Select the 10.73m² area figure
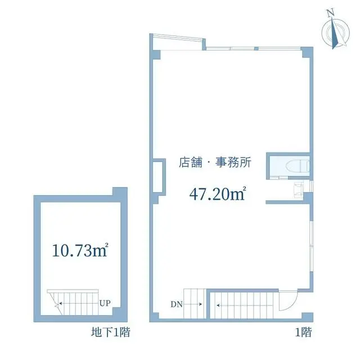pyautogui.click(x=80, y=250)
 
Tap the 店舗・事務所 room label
pyautogui.click(x=215, y=163)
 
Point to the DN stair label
pyautogui.click(x=177, y=304)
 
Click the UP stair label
pyautogui.click(x=105, y=303)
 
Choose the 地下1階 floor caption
pyautogui.click(x=111, y=332)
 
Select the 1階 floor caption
pyautogui.click(x=303, y=332)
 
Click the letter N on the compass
pyautogui.click(x=331, y=13)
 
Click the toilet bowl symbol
pyautogui.click(x=298, y=165)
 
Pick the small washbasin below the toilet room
pyautogui.click(x=298, y=190)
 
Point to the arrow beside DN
pyautogui.click(x=193, y=304)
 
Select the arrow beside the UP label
pyautogui.click(x=79, y=303)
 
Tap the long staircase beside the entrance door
pyautogui.click(x=242, y=305)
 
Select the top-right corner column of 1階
pyautogui.click(x=307, y=52)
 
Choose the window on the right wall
pyautogui.click(x=312, y=246)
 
